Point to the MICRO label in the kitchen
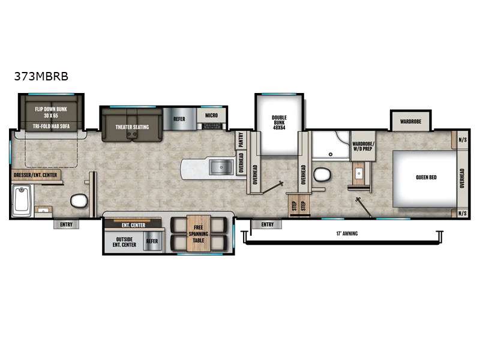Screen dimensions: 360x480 pos(211,115)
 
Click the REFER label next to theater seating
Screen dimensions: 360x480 pos(179,119)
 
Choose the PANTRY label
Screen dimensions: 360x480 pos(241,139)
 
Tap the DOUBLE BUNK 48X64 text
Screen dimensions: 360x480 pos(279,122)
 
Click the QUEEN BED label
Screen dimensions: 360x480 pos(425,178)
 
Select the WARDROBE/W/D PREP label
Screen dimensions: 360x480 pos(363,146)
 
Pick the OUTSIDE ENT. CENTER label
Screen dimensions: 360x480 pos(125,242)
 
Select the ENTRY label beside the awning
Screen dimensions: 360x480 pos(267,224)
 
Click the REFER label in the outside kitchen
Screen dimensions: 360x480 pos(152,241)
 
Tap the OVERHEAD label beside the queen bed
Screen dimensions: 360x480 pos(462,178)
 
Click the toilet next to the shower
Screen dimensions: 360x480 pos(322,175)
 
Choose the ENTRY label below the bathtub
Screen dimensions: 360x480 pos(66,225)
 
